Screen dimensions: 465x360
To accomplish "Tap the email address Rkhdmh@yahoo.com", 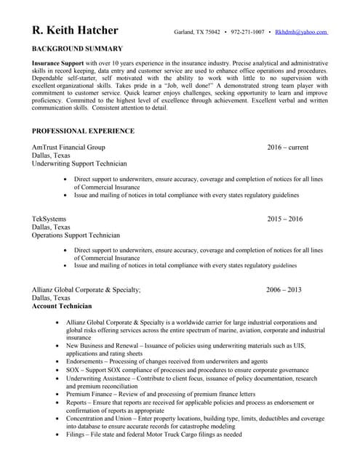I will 301,33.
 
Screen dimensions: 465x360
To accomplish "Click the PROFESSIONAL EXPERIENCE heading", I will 83,131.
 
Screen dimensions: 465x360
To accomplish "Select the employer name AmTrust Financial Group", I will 68,147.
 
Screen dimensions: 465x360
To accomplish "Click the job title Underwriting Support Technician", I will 79,163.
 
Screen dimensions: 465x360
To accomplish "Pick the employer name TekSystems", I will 49,219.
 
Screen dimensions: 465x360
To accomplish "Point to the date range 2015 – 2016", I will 284,219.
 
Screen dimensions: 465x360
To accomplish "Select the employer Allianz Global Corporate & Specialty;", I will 87,289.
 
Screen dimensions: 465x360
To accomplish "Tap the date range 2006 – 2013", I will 284,289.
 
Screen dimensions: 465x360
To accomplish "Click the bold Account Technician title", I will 62,306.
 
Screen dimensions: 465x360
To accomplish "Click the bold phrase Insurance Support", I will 57,64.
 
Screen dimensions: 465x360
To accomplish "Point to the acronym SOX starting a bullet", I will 73,370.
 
